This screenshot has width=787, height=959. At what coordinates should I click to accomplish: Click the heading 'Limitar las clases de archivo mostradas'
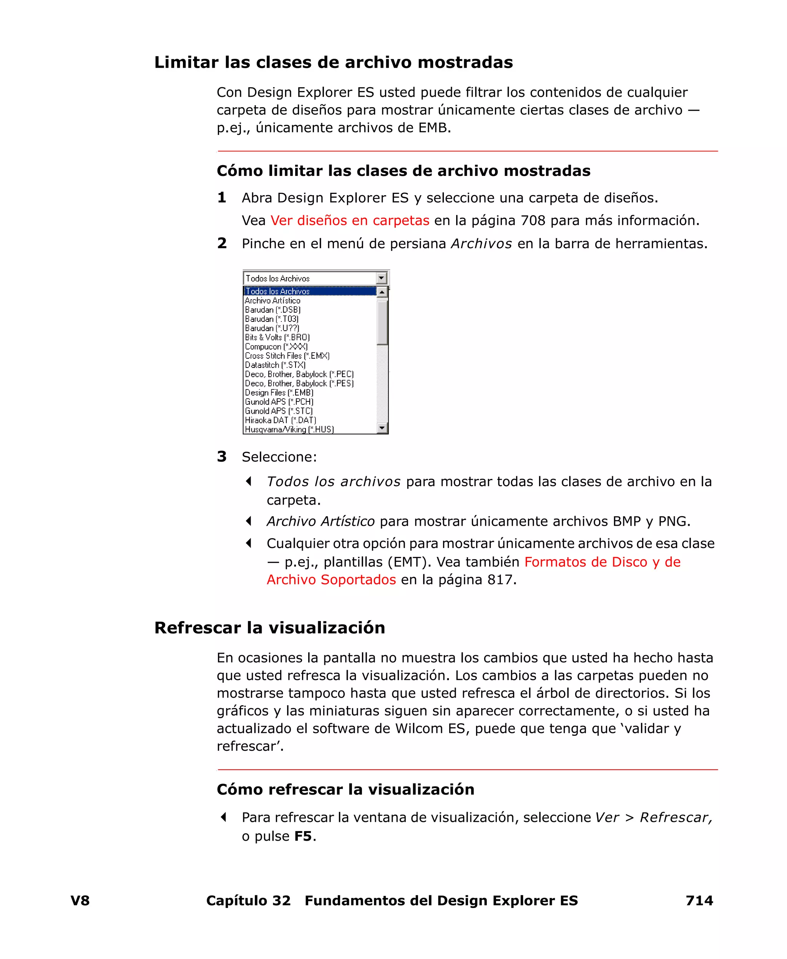tap(333, 63)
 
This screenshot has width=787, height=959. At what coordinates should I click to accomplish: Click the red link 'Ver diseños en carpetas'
tap(350, 220)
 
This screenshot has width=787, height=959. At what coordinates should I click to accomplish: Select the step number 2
tap(222, 243)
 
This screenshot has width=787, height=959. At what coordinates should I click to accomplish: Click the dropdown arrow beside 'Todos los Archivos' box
tap(381, 278)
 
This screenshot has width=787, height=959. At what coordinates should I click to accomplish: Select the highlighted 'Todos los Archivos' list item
tap(277, 291)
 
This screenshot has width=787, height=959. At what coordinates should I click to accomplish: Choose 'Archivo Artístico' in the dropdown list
tap(272, 300)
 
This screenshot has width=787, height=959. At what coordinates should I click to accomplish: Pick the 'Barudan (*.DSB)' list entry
tap(272, 310)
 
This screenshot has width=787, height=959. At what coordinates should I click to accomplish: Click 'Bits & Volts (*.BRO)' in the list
tap(277, 337)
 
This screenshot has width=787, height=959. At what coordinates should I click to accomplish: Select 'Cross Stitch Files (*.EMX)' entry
tap(287, 356)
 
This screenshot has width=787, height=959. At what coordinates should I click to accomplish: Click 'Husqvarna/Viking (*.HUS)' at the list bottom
tap(289, 429)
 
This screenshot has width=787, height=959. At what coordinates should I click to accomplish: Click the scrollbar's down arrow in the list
tap(382, 427)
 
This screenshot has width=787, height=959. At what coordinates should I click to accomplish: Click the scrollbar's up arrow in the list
tap(382, 292)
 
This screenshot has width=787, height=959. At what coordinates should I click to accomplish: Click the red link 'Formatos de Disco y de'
tap(602, 562)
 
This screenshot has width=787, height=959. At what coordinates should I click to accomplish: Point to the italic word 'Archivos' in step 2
tap(481, 244)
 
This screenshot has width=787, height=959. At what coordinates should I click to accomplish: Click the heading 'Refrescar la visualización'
tap(269, 628)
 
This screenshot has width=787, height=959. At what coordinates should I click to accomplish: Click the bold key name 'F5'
tap(303, 836)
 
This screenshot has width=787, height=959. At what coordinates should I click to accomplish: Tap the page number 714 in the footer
tap(699, 901)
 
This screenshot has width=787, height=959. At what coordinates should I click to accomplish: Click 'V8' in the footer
tap(80, 901)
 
